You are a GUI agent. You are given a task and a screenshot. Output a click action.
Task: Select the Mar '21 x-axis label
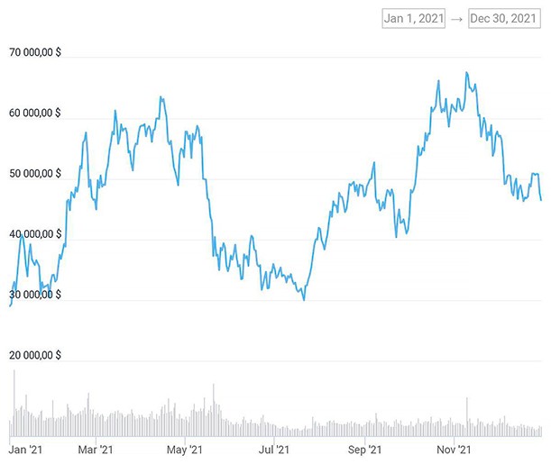(95, 449)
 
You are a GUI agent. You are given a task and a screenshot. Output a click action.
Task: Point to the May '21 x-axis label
(184, 449)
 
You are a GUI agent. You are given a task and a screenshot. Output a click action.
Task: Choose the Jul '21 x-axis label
(273, 449)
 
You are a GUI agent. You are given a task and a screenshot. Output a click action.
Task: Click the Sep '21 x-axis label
(363, 449)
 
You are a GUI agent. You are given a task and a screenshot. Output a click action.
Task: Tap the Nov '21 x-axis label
(454, 449)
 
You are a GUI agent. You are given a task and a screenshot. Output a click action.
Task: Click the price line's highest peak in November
(466, 72)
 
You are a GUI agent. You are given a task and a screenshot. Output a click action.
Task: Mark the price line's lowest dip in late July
(304, 299)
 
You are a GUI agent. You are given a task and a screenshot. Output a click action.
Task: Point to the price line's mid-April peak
(161, 96)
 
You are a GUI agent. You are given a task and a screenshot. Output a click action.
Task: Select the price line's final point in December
(541, 200)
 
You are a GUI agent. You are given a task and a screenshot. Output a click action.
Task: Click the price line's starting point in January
(10, 306)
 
